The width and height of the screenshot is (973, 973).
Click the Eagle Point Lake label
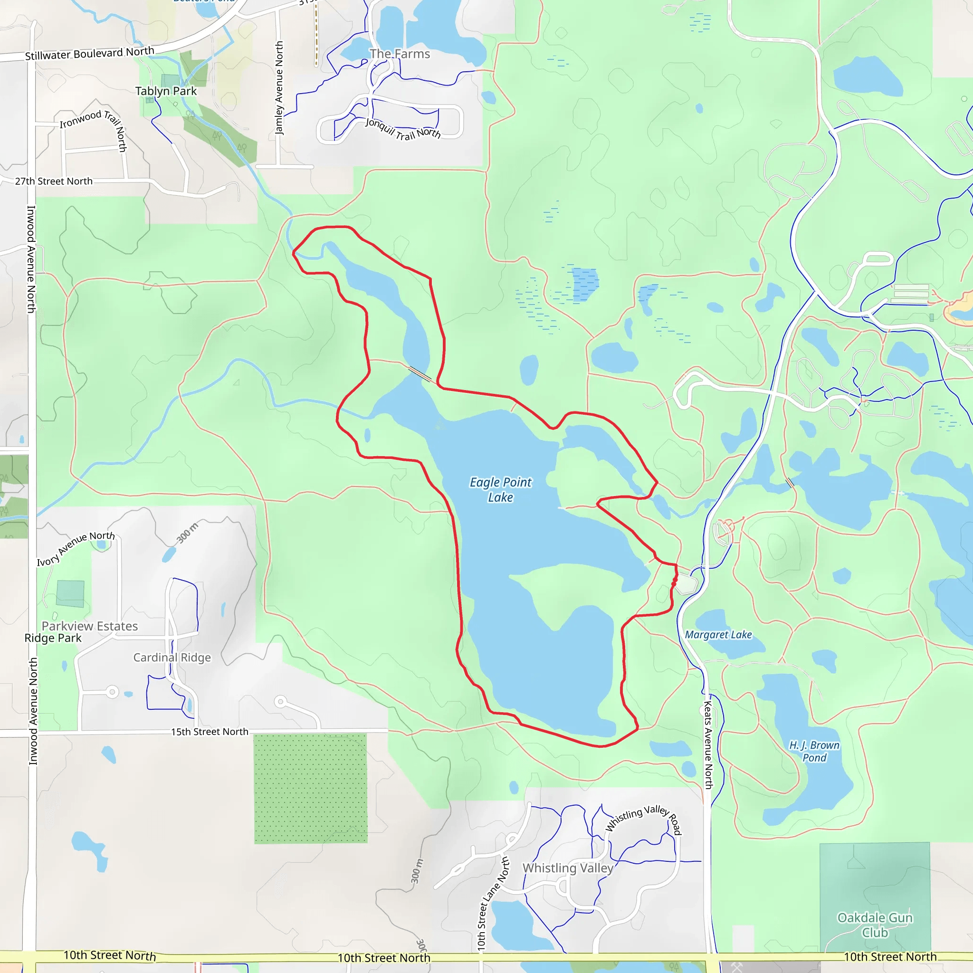click(x=500, y=489)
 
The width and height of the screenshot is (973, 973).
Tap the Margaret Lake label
click(x=718, y=635)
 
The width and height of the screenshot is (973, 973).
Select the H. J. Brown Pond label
click(x=814, y=751)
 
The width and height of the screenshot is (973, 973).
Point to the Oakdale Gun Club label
click(x=875, y=925)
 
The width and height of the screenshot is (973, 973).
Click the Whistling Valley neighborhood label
click(x=568, y=868)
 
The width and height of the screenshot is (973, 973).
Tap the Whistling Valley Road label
click(x=644, y=819)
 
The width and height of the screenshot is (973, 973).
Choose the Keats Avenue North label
click(x=708, y=745)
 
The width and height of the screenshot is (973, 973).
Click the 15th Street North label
click(x=210, y=732)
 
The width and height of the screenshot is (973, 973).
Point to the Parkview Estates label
click(x=90, y=626)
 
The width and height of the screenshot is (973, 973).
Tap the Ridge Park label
click(x=53, y=638)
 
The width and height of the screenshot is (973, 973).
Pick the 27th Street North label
click(x=54, y=181)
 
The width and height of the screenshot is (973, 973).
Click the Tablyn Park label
click(x=166, y=91)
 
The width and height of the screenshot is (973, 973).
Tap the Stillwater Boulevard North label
click(x=90, y=53)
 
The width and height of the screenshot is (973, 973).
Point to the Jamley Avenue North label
click(x=279, y=88)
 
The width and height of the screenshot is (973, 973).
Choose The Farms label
click(x=400, y=54)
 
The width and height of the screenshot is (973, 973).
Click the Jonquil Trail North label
click(x=403, y=129)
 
